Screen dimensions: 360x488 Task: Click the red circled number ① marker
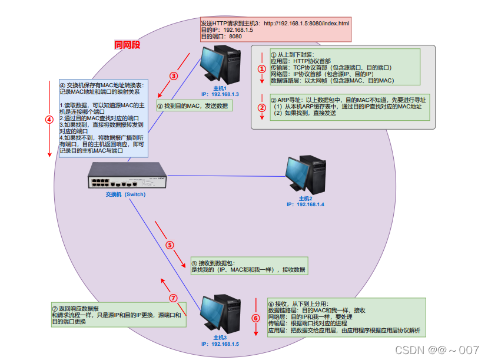point(262,68)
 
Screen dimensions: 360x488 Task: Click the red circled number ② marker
point(262,107)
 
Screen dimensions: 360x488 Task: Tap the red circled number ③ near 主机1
point(174,75)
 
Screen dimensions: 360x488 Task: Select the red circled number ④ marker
point(49,118)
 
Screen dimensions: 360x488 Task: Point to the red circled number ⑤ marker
point(170,245)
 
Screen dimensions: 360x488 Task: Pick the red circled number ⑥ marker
point(255,318)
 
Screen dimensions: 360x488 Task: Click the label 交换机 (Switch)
point(125,194)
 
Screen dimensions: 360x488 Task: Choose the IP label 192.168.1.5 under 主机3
point(220,344)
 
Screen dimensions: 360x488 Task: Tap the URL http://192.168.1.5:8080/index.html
point(306,23)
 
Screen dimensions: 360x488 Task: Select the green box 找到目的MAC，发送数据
point(195,105)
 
